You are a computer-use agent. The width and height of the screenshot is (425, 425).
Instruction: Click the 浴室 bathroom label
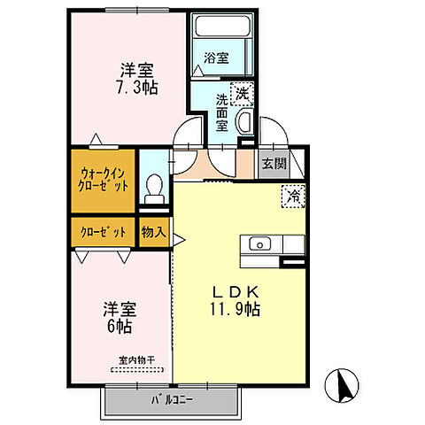point(217,58)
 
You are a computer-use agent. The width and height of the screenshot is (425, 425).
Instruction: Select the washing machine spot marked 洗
point(241,92)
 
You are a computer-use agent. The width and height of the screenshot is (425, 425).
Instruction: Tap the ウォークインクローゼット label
point(104,182)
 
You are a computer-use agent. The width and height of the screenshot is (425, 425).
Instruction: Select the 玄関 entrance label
point(273,164)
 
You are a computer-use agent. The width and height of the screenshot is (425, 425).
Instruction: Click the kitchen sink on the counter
point(260,243)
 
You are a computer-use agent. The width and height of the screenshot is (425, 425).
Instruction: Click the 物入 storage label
point(152,232)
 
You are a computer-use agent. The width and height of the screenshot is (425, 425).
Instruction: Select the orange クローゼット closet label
point(103,232)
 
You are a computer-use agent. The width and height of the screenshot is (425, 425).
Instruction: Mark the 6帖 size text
point(121,326)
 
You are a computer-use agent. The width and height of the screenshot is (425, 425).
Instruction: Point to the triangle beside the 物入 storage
point(178,238)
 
